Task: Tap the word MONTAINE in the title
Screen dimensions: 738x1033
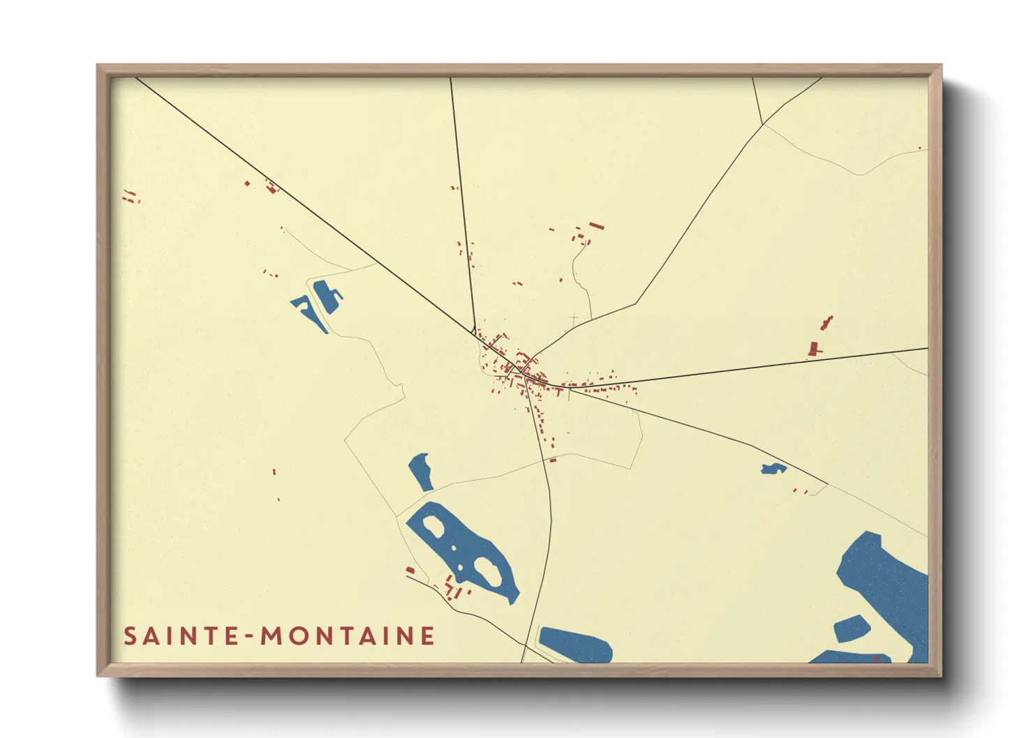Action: click(x=348, y=636)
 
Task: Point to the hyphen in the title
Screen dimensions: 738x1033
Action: click(x=250, y=637)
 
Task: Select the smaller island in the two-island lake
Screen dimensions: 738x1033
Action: click(x=433, y=527)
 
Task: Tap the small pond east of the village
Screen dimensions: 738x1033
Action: click(x=773, y=469)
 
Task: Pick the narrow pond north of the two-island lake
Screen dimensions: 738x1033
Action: click(x=420, y=471)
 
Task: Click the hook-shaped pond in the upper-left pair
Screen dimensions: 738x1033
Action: click(x=309, y=311)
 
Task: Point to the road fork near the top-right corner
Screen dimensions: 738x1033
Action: click(x=763, y=125)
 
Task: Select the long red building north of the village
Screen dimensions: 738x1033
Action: click(x=596, y=225)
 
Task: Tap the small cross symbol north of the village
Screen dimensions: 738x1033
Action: click(x=574, y=319)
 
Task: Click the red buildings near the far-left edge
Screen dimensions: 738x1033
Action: click(x=130, y=197)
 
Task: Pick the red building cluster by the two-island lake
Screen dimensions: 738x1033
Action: click(x=454, y=589)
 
